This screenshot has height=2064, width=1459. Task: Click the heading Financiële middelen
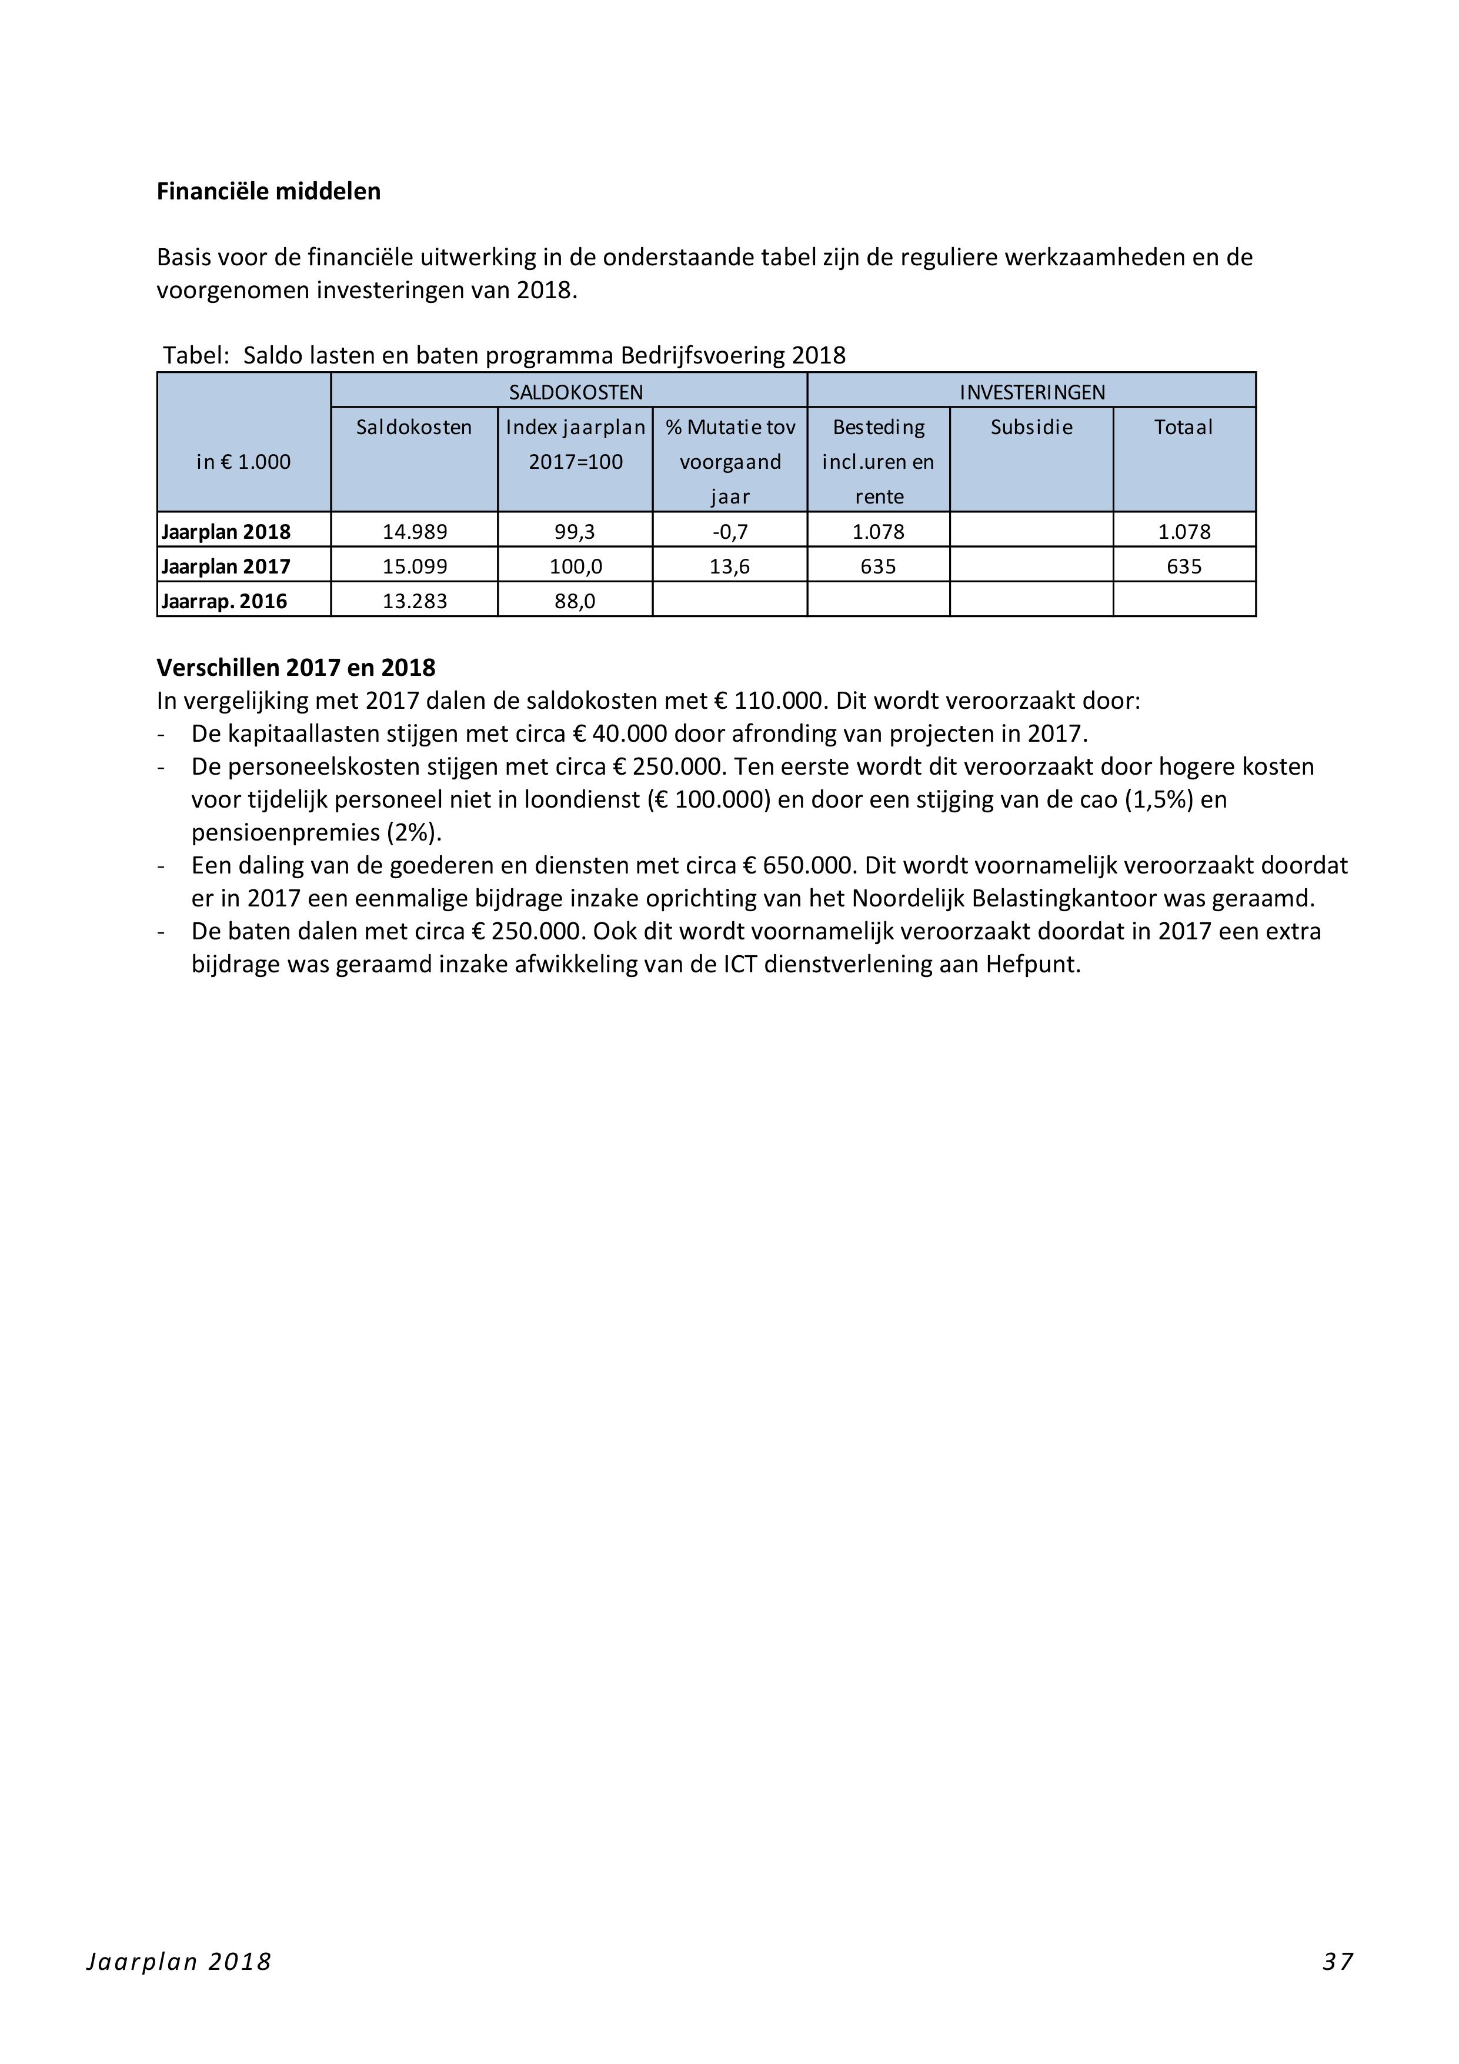point(268,192)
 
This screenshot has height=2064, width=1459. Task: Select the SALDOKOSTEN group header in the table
point(575,392)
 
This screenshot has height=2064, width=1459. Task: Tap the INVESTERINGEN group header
point(1032,392)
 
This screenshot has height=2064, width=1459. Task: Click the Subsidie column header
point(1031,427)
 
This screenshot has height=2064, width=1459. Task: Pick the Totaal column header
point(1184,427)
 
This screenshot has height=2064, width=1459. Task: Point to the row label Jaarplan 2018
point(226,531)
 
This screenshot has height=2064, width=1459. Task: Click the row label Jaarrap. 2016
point(225,601)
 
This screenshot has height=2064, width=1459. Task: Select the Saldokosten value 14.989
point(415,531)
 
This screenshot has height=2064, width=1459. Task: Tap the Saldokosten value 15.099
point(415,566)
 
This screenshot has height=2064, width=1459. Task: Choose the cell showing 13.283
point(415,601)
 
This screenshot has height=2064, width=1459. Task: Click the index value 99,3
point(575,531)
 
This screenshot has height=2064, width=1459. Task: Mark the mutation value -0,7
point(730,531)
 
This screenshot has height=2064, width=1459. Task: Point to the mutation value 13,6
point(730,566)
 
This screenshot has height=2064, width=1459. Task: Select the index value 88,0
point(575,601)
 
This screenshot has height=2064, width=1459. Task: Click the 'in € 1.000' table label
point(243,462)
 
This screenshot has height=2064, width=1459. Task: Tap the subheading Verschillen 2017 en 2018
point(296,668)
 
